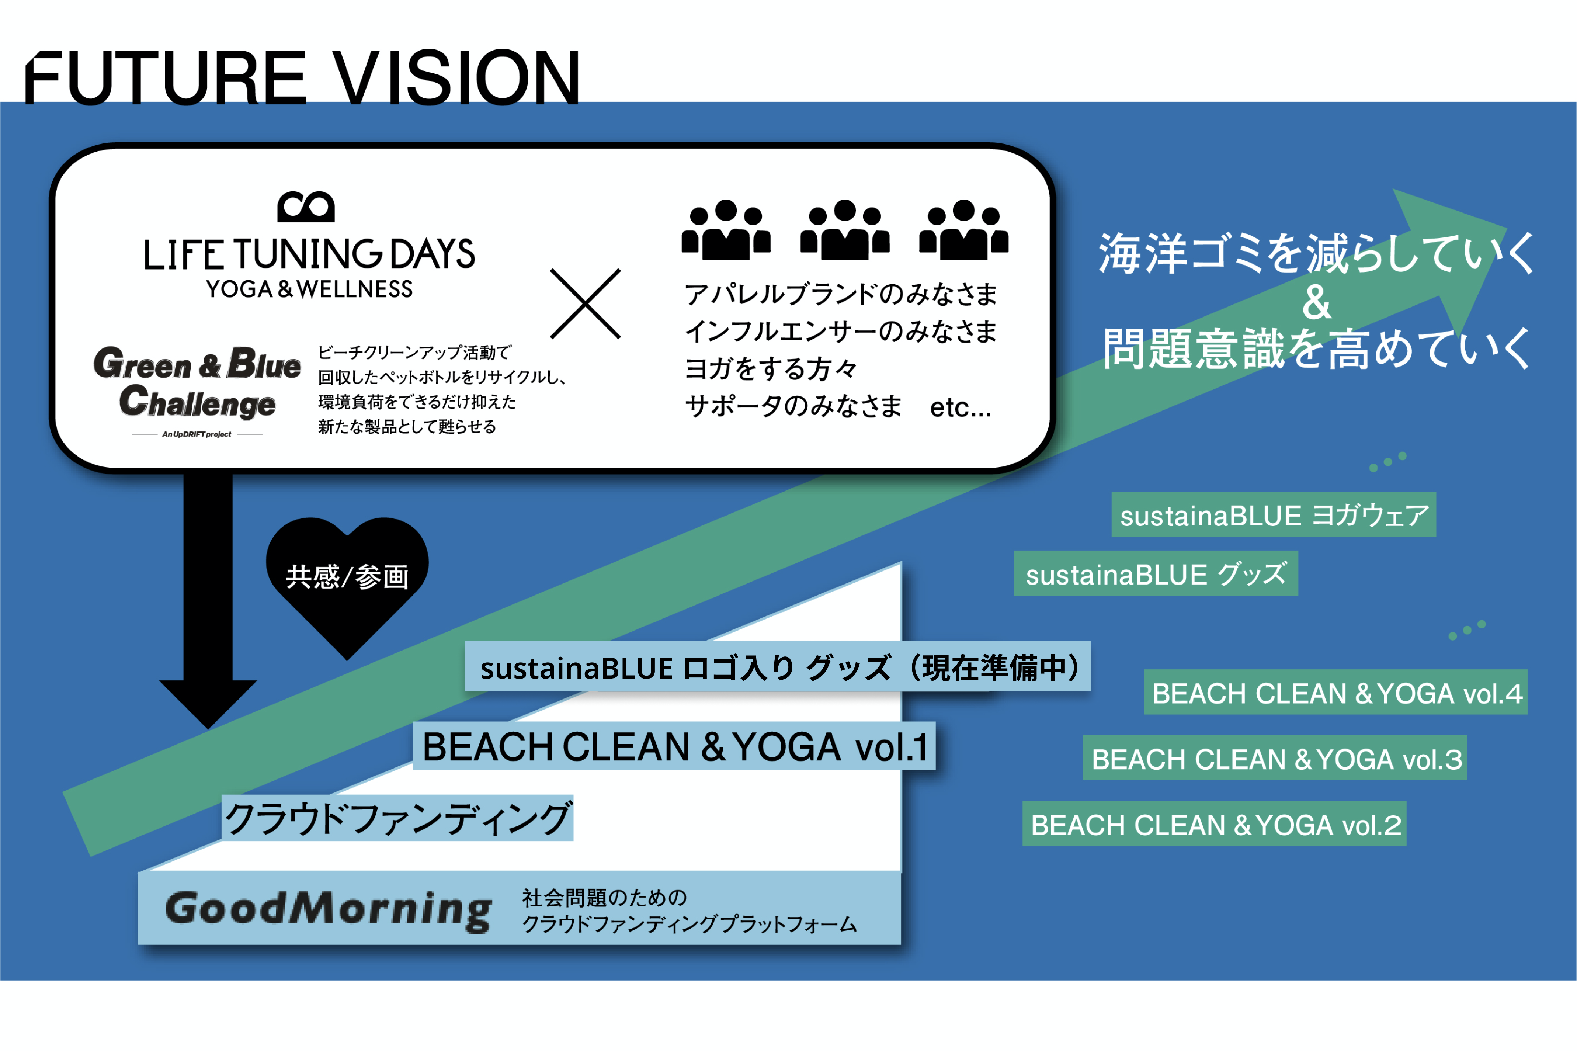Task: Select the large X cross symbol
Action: click(x=585, y=303)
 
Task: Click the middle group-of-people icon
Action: click(x=844, y=230)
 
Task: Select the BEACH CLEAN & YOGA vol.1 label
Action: click(x=674, y=746)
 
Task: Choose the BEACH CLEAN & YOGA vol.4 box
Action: click(x=1335, y=693)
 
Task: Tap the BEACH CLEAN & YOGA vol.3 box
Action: click(x=1275, y=758)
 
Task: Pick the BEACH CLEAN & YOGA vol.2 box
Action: click(x=1214, y=824)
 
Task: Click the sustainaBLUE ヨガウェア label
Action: click(x=1274, y=515)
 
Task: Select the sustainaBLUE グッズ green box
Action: click(x=1156, y=574)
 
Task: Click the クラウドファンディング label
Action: click(x=397, y=818)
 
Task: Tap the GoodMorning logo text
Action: click(x=329, y=909)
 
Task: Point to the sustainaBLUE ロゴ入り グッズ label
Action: click(x=778, y=667)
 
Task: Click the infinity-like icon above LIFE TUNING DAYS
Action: click(x=306, y=207)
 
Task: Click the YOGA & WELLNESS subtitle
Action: click(x=309, y=289)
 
